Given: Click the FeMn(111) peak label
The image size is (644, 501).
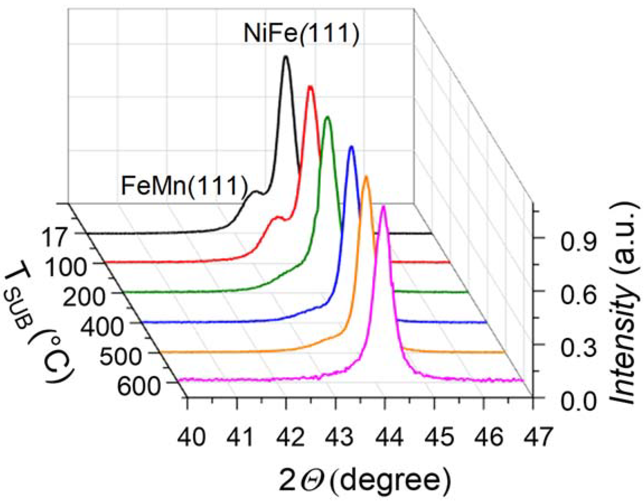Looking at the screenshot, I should pos(184,186).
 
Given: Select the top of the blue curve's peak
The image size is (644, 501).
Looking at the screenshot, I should pos(351,147).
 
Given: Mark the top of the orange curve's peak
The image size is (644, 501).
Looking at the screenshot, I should pos(366,177).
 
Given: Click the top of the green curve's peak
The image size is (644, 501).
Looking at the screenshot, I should pos(327,118).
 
